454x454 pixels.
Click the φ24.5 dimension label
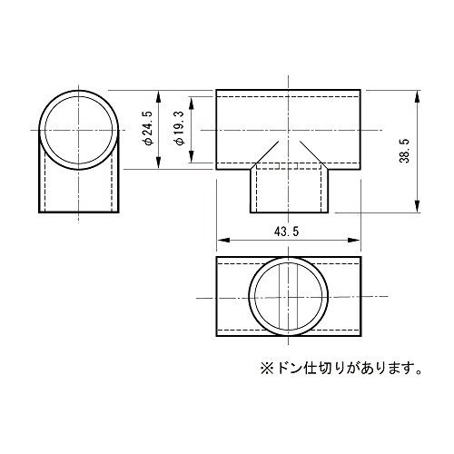[149, 128]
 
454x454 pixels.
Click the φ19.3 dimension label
[181, 128]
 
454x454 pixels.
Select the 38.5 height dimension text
[404, 151]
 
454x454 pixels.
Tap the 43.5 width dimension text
[286, 232]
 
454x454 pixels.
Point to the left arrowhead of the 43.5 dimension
[223, 240]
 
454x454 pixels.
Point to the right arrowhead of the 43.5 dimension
[354, 240]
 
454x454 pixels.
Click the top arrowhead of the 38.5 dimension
[417, 96]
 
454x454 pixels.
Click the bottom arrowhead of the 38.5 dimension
[417, 206]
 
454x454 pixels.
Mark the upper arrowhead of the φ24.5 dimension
[158, 97]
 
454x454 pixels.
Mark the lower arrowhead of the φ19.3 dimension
[191, 156]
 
